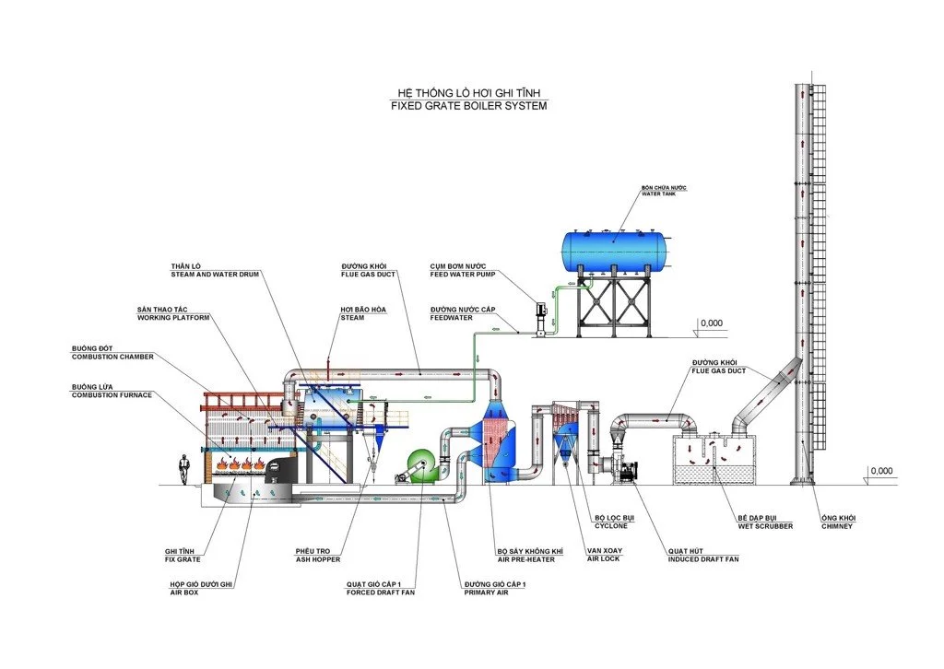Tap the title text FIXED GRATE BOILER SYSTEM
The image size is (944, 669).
pos(468,106)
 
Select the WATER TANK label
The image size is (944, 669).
pos(665,194)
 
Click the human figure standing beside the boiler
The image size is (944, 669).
pos(184,468)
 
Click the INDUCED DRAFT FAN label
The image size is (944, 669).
pos(702,559)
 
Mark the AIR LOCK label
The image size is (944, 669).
pos(604,558)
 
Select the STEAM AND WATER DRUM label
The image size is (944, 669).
pos(214,275)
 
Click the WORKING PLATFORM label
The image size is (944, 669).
pos(173,318)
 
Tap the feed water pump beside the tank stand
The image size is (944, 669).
pos(541,314)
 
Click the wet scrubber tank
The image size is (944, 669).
pos(715,461)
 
